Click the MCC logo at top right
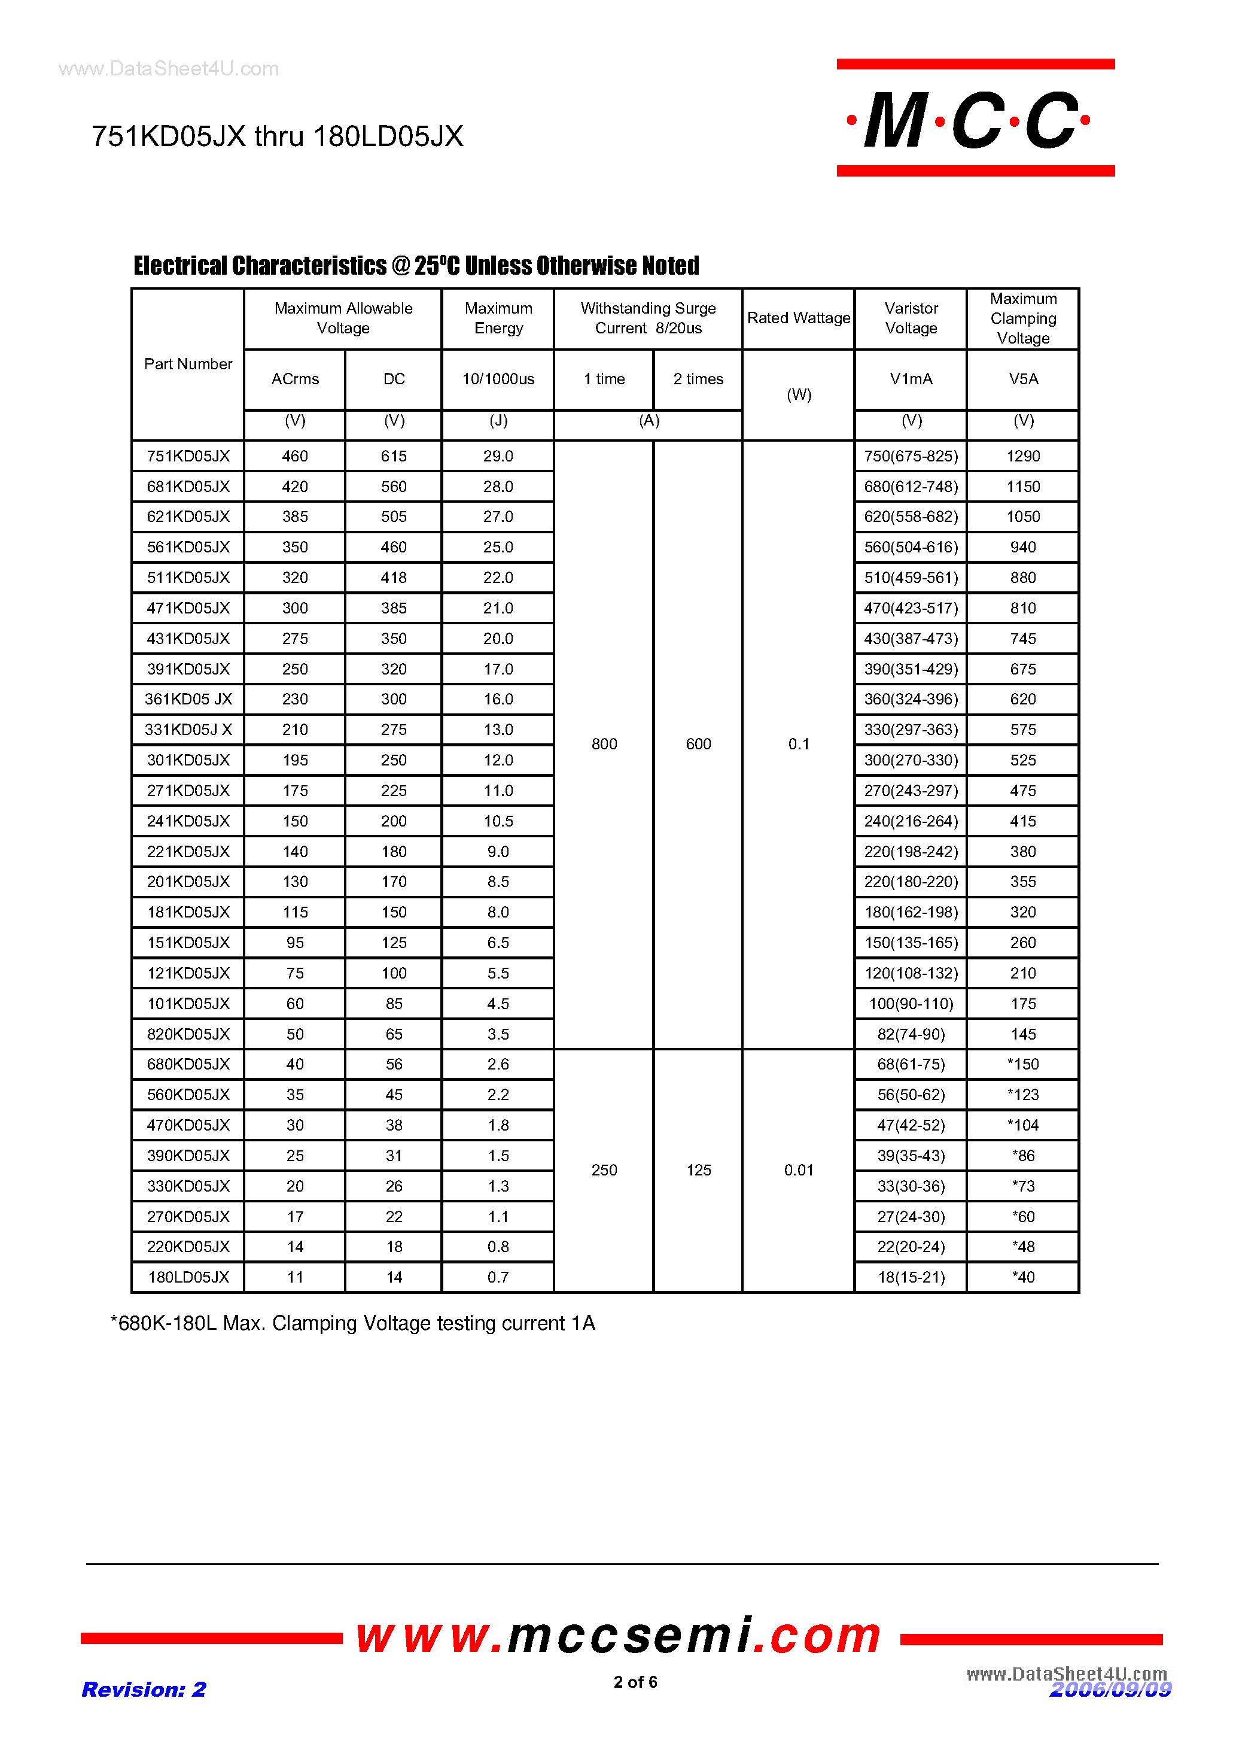975,119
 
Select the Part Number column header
188,364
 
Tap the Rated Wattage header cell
798,318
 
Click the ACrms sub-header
295,379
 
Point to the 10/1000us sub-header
498,379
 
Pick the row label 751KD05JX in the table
188,456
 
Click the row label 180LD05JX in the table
188,1277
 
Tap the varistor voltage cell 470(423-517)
911,608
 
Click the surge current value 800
604,744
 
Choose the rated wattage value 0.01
798,1170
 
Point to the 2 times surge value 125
698,1170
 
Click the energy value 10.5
498,821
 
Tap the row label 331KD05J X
188,730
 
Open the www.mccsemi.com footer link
618,1636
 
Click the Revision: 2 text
144,1690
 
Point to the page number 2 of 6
635,1681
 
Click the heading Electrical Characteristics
416,265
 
